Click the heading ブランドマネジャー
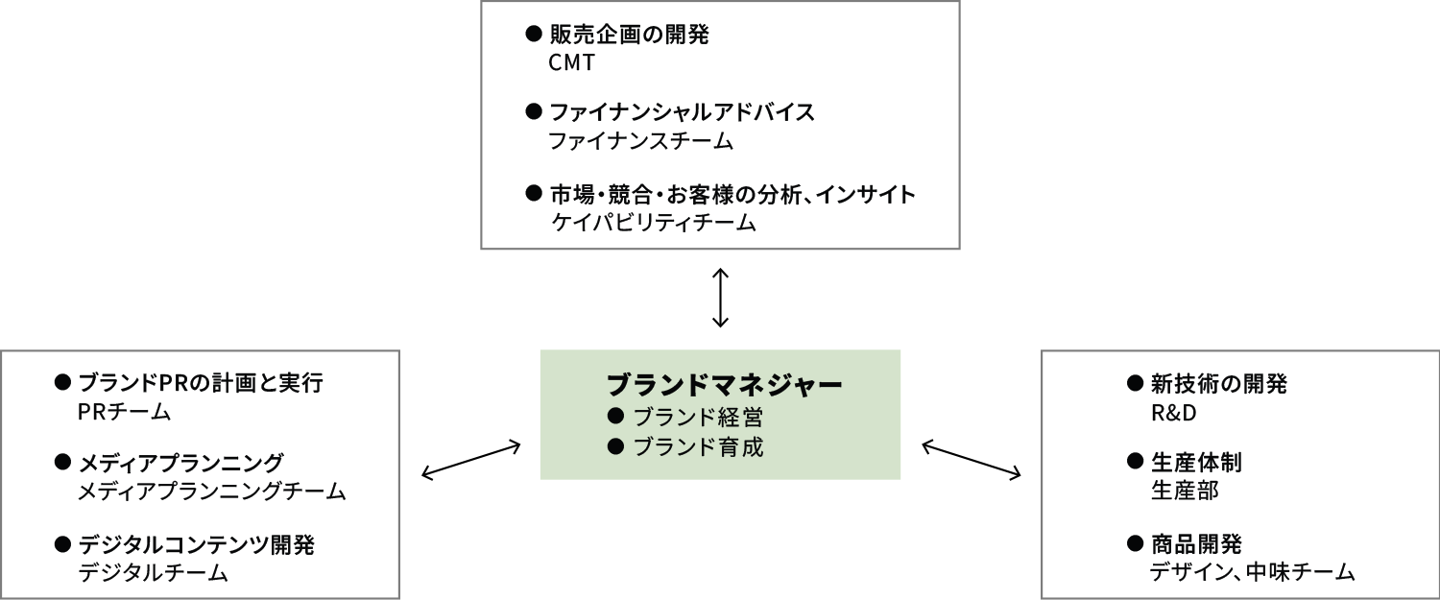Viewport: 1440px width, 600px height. coord(724,385)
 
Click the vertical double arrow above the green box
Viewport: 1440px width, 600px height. coord(720,299)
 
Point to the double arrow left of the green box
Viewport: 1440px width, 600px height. coord(471,460)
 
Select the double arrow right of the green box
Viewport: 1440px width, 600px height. coord(972,459)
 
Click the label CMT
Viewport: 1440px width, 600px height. coord(572,63)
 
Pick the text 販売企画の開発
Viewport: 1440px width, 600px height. coord(629,36)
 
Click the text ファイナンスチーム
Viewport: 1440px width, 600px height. coord(640,141)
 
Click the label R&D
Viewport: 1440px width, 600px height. coord(1173,413)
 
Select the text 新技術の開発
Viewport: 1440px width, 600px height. coord(1218,385)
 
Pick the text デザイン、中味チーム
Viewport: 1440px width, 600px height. coord(1252,574)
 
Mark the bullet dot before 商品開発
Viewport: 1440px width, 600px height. coord(1133,544)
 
